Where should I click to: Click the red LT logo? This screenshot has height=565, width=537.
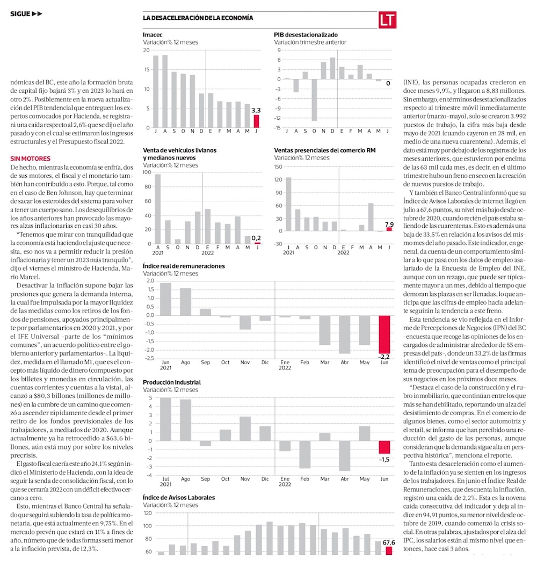(x=387, y=20)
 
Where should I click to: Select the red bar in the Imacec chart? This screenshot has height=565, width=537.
(x=256, y=121)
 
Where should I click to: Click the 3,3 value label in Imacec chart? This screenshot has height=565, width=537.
(x=256, y=110)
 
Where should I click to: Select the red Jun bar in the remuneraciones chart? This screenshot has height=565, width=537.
(x=384, y=334)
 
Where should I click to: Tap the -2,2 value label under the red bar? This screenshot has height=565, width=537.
(x=384, y=357)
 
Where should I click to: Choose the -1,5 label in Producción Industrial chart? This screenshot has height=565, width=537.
(x=384, y=460)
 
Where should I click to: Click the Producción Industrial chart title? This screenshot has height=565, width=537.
(x=171, y=382)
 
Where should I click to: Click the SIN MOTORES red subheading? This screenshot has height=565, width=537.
(x=31, y=158)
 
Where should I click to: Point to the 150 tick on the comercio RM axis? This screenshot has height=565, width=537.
(x=278, y=166)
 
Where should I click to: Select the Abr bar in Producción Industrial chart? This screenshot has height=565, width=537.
(x=345, y=455)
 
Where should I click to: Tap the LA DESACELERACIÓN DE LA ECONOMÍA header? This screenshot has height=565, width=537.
(x=198, y=18)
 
